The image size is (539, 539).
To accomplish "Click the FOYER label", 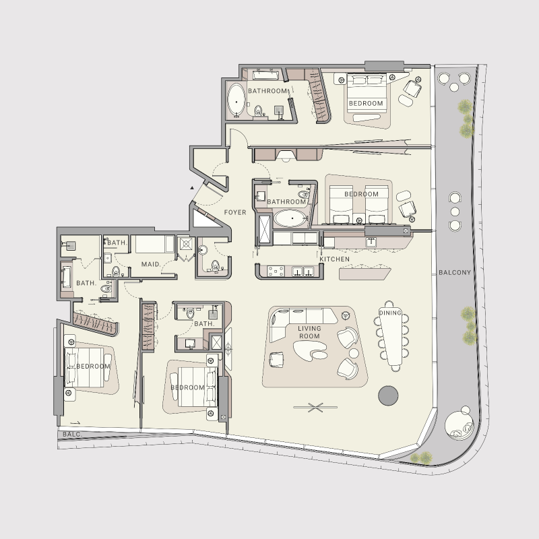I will tap(235, 213).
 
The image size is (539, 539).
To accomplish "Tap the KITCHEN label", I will tap(334, 259).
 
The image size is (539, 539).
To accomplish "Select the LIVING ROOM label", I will tap(309, 331).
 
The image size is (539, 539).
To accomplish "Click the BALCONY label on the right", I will tap(455, 273).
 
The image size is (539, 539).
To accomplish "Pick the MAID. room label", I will tap(150, 265).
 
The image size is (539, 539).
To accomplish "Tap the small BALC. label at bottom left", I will tap(72, 435).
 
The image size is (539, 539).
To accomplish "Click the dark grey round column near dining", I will tap(389, 395).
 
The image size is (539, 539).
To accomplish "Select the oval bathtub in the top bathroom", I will tap(236, 100).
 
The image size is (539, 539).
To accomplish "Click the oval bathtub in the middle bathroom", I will tap(290, 218).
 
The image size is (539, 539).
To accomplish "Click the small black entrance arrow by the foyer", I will tap(192, 188).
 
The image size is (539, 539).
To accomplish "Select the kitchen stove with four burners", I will tap(276, 271).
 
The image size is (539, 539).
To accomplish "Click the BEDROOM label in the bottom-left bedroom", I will tap(93, 367).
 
